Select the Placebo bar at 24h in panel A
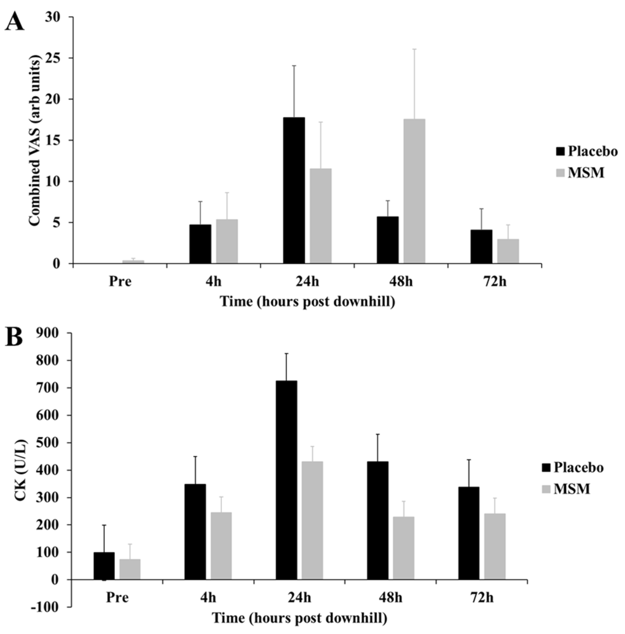tap(294, 190)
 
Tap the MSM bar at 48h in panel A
tap(414, 191)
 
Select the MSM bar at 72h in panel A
tap(508, 251)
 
